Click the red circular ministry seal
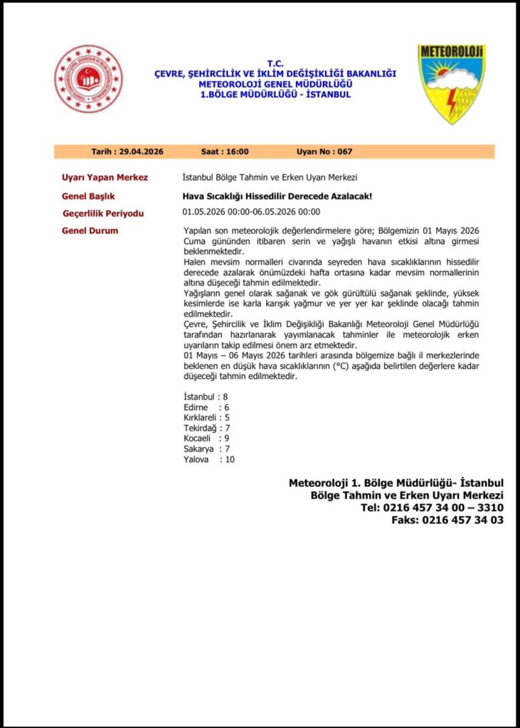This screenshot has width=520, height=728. (88, 79)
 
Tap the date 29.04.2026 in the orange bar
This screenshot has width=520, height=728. (142, 151)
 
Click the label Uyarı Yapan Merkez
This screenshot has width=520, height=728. (105, 177)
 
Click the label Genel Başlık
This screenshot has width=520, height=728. (89, 196)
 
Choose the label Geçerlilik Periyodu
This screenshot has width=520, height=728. (103, 213)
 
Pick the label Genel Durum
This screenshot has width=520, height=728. (90, 230)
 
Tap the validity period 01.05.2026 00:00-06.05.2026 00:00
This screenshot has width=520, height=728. (251, 212)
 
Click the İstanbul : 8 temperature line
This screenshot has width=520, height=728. (206, 396)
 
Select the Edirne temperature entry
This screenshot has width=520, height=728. (206, 407)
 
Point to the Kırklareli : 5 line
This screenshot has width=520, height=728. (206, 417)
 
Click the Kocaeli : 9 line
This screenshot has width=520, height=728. (206, 439)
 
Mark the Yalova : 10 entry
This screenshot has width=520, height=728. (208, 459)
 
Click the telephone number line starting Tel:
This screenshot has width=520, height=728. (432, 508)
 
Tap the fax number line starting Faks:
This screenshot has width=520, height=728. (447, 520)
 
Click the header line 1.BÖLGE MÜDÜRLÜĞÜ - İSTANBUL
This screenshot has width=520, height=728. (275, 95)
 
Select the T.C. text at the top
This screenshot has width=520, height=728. (275, 63)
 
